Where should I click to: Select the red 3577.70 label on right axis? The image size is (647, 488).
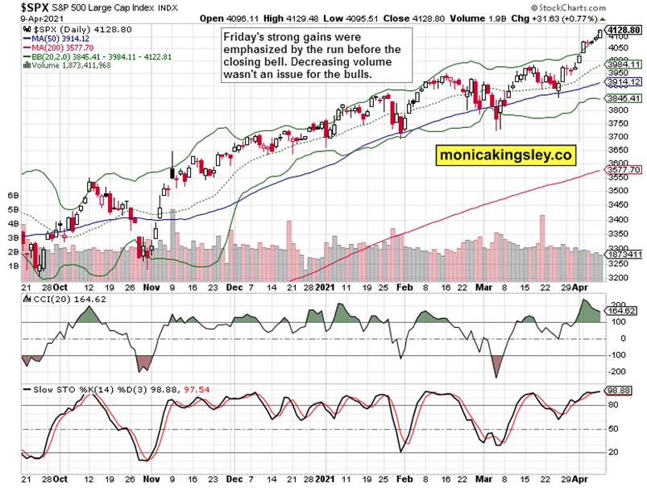coord(624,170)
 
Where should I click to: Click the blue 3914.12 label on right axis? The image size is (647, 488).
coord(624,82)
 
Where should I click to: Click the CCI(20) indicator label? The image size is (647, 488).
coord(49,300)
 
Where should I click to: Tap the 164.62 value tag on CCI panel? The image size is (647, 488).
coord(621,310)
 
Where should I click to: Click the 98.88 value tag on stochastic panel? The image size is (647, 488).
coord(620,391)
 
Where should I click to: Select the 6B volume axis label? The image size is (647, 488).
coord(13,196)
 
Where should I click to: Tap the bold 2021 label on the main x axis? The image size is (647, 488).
coord(324,287)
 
